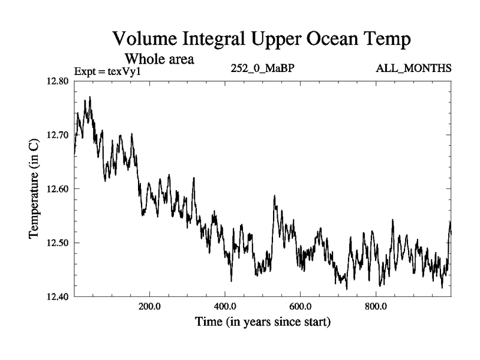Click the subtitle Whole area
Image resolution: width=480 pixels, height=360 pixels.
click(x=159, y=59)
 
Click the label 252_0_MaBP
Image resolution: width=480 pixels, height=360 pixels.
click(x=262, y=68)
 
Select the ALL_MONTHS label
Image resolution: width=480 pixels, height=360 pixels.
click(x=413, y=68)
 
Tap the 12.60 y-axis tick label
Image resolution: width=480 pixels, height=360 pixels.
click(x=57, y=188)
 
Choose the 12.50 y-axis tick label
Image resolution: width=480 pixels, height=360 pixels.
click(x=57, y=242)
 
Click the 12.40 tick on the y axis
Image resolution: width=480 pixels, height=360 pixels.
click(x=57, y=296)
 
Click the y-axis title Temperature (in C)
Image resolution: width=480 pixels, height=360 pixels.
click(x=35, y=189)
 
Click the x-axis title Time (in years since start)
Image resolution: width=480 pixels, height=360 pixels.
click(x=263, y=322)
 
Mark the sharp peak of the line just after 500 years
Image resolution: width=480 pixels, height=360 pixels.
click(x=275, y=196)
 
